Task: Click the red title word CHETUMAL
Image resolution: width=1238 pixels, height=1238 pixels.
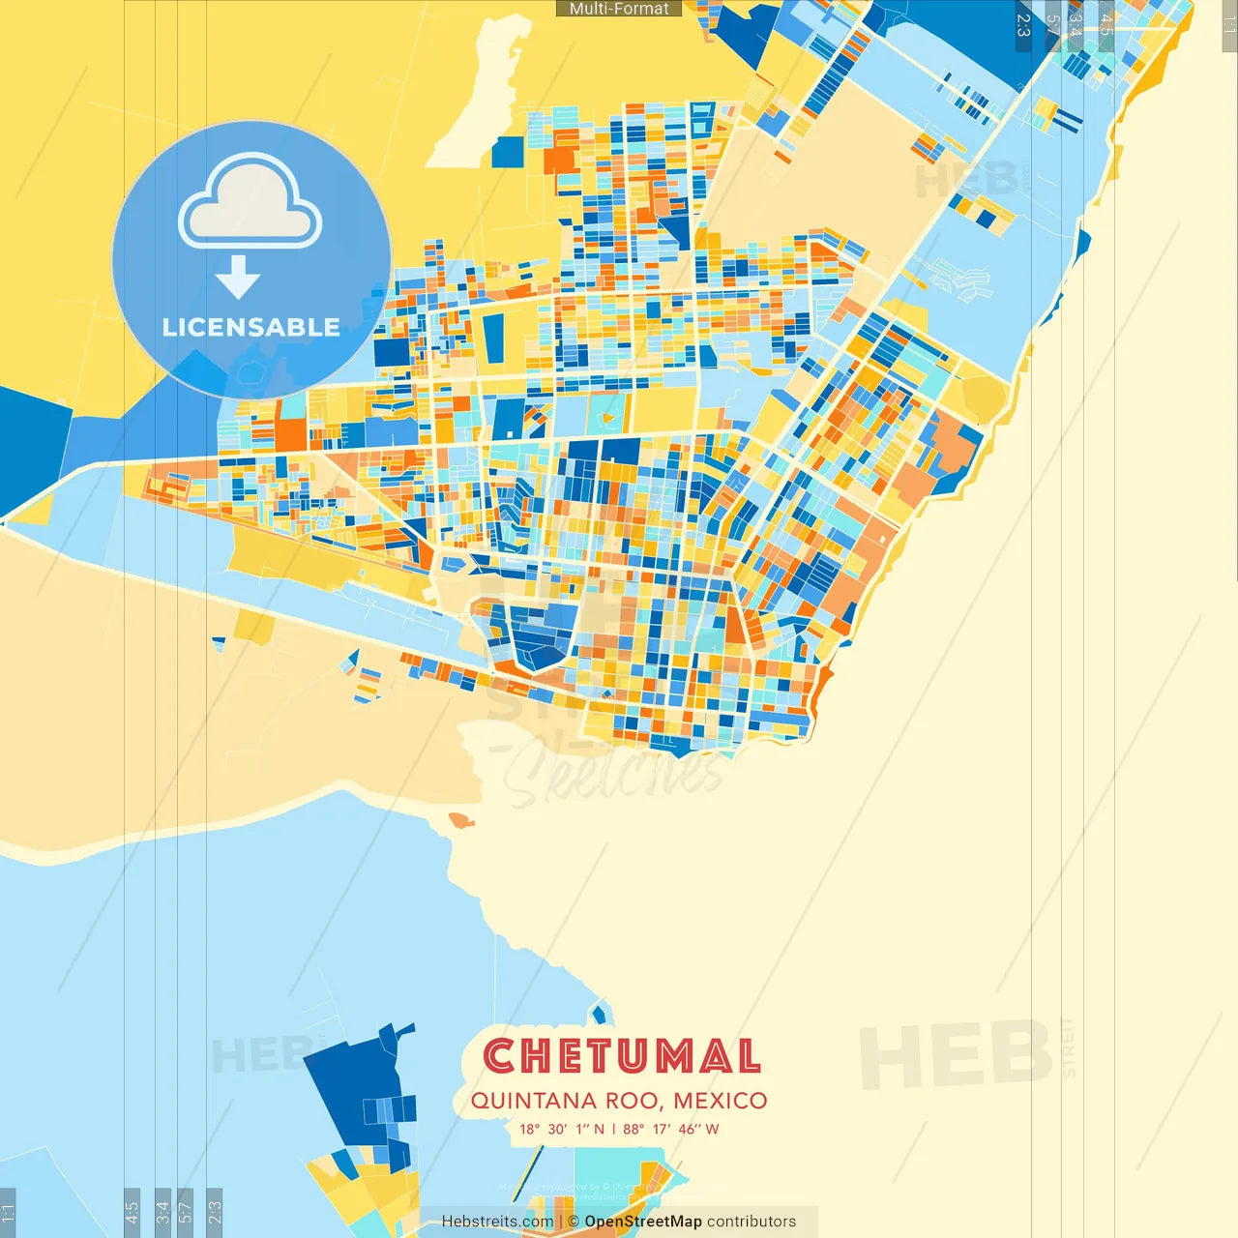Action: pos(622,1056)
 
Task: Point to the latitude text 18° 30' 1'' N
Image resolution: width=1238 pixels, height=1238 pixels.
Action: pos(561,1129)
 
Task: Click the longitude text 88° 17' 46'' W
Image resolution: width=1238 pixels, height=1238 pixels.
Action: pos(670,1129)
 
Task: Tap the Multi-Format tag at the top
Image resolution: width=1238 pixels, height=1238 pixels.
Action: pos(619,9)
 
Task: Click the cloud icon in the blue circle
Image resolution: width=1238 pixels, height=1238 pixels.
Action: pos(250,205)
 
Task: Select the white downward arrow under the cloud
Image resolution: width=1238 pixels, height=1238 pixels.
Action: pos(238,278)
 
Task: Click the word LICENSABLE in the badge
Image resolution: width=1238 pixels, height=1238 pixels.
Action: pos(251,327)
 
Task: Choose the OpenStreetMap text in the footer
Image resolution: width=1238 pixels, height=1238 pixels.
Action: pos(642,1222)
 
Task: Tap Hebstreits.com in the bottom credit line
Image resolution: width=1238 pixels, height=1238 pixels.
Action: pos(497,1222)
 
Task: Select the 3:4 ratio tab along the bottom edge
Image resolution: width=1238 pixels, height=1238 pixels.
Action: pos(162,1211)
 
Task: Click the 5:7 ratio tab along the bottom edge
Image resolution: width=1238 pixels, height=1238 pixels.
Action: pos(186,1211)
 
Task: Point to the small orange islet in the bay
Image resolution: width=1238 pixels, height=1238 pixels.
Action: pos(460,820)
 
